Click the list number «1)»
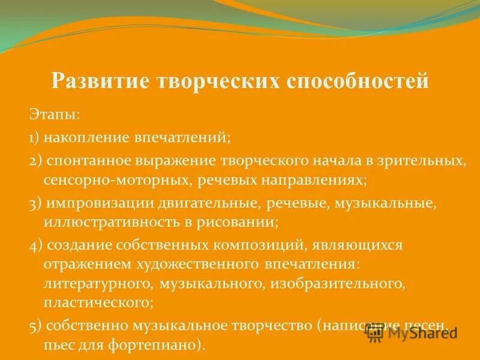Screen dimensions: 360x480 [35, 137]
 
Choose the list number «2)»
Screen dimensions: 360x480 [35, 161]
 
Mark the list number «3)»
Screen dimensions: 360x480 [35, 203]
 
